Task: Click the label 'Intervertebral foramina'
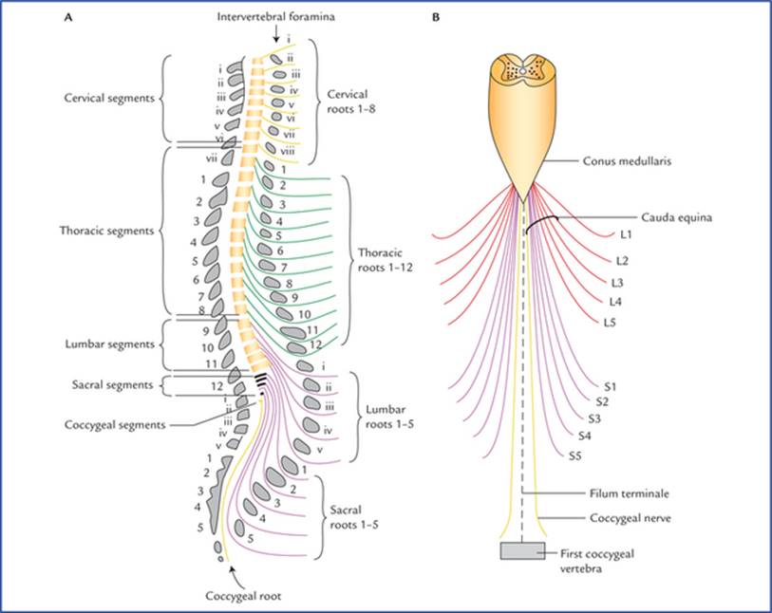[x=275, y=17]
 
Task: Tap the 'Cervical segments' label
[x=109, y=98]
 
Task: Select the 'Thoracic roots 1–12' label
[x=385, y=260]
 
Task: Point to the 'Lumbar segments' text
[x=110, y=344]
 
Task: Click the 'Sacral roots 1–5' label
[x=354, y=517]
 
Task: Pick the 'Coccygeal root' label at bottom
[x=243, y=596]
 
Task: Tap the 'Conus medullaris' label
[x=627, y=161]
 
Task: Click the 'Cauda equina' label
[x=676, y=217]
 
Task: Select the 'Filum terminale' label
[x=630, y=492]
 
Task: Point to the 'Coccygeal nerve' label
[x=631, y=518]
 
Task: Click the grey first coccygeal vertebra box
[x=523, y=551]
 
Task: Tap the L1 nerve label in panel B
[x=626, y=234]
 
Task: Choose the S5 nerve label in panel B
[x=575, y=456]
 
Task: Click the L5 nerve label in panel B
[x=610, y=323]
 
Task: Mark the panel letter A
[x=68, y=18]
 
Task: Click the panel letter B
[x=435, y=18]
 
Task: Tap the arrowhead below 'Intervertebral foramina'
[x=276, y=40]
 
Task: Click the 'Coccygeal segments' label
[x=115, y=424]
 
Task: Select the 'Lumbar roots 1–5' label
[x=389, y=417]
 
